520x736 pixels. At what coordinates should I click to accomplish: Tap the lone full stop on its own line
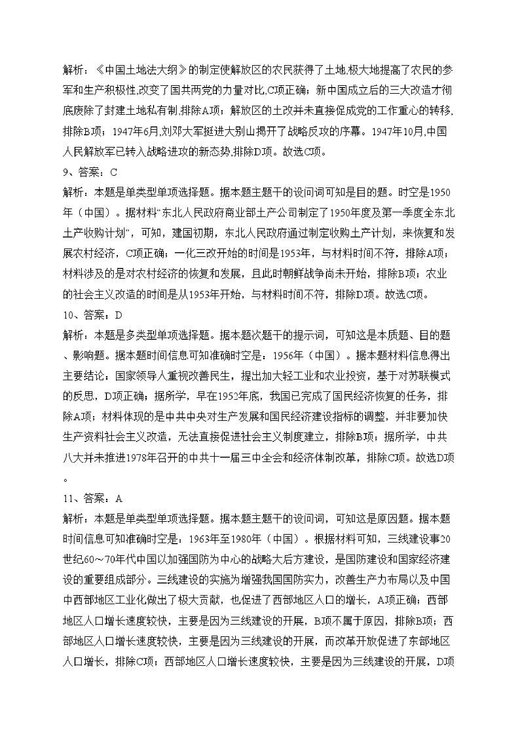(x=66, y=480)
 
